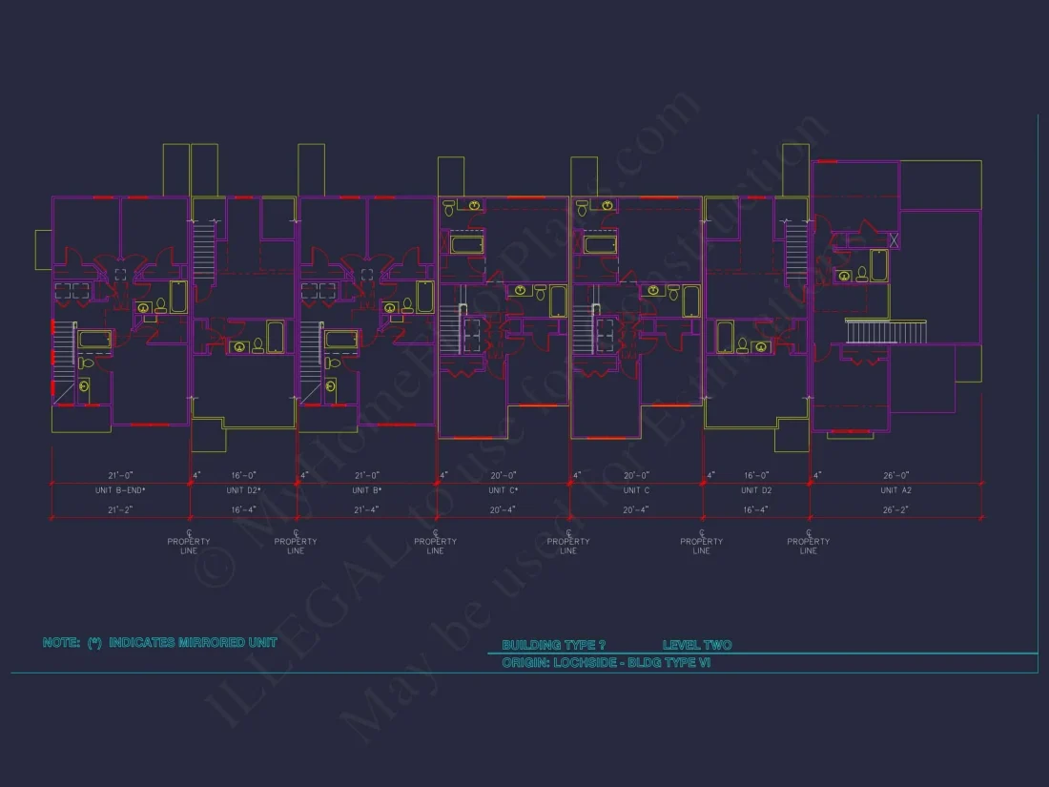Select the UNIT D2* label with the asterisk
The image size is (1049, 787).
coord(243,490)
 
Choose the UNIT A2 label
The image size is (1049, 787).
coord(896,490)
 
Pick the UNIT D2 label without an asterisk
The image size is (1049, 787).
coord(756,490)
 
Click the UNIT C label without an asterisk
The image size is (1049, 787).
coord(636,490)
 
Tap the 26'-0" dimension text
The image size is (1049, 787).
coord(896,474)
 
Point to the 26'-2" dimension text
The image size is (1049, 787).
coord(896,510)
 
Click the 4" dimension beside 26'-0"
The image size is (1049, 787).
coord(817,474)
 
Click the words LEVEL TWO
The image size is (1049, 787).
coord(697,646)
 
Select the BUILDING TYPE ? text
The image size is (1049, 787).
coord(553,646)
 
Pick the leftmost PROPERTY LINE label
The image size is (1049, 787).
coord(189,546)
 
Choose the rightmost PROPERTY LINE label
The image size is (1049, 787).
coord(808,546)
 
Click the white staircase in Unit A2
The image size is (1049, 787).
coord(886,333)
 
